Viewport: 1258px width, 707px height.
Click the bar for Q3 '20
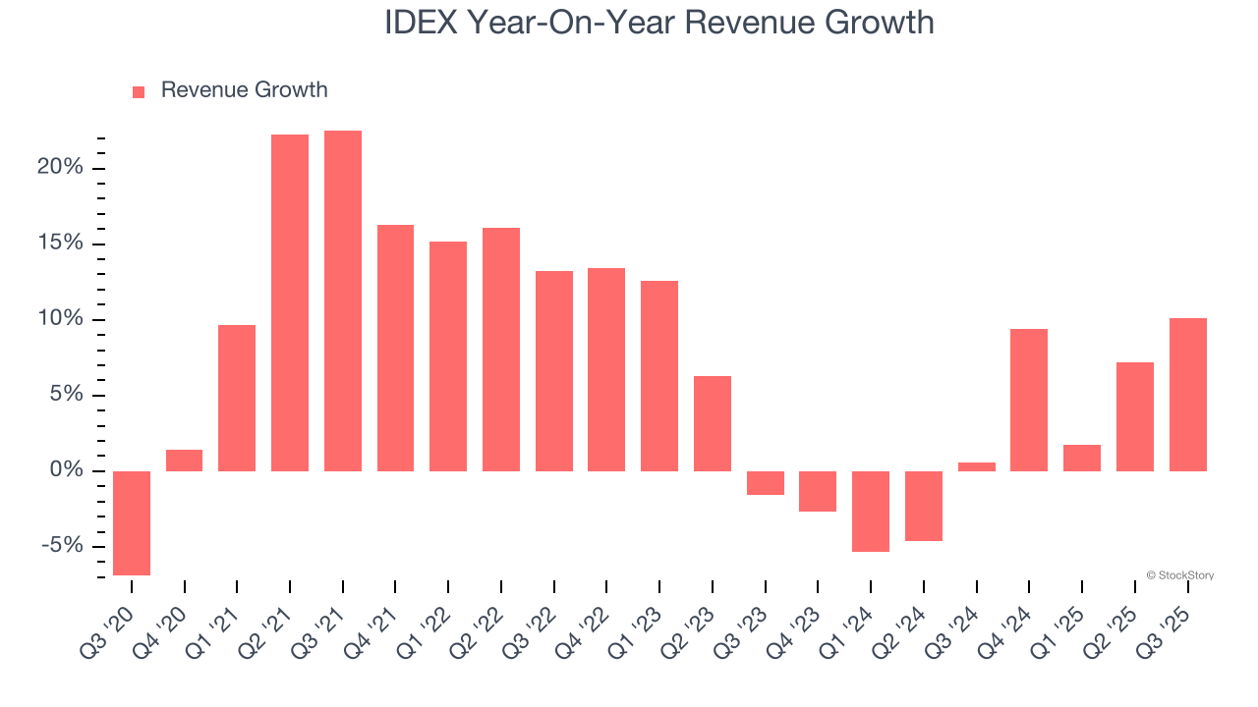(x=132, y=522)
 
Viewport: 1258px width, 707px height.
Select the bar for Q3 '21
(x=343, y=300)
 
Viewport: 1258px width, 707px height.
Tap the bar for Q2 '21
(x=290, y=302)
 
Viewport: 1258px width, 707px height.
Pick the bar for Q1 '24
(x=871, y=511)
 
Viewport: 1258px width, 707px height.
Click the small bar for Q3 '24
(x=977, y=466)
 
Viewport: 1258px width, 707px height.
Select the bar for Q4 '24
(x=1029, y=400)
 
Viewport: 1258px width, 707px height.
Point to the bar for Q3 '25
(x=1187, y=395)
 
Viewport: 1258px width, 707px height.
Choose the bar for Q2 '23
(x=713, y=423)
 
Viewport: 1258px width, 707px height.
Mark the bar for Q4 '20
(x=185, y=461)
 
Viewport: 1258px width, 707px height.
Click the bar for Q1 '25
(x=1082, y=458)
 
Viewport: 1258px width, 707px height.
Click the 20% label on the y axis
(x=60, y=168)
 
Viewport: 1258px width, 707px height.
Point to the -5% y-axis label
(x=60, y=547)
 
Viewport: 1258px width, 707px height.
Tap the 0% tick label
(x=66, y=471)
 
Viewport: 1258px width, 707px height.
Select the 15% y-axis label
(x=60, y=245)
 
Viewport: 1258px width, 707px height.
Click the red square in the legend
(x=139, y=92)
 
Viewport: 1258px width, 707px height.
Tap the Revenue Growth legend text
(x=244, y=90)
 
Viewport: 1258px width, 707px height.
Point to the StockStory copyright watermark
(x=1179, y=575)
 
